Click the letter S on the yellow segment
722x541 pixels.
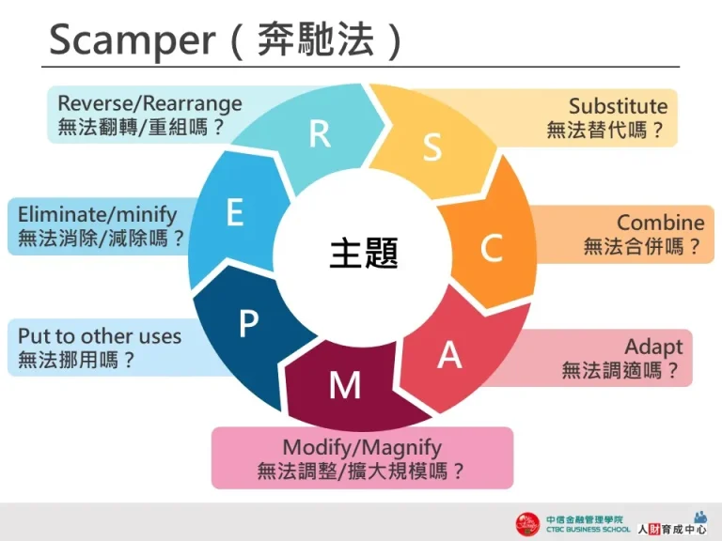coord(432,147)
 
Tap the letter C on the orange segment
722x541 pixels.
coord(491,248)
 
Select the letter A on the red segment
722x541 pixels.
coord(450,355)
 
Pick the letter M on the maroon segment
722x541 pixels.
coord(345,384)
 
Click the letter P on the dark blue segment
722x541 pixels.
coord(248,325)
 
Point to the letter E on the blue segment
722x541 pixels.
coord(235,213)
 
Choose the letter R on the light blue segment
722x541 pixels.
coord(320,134)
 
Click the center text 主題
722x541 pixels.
coord(364,253)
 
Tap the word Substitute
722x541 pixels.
coord(618,106)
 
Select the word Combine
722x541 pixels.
coord(660,223)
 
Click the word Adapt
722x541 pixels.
coord(653,348)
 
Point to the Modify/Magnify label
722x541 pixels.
coord(362,447)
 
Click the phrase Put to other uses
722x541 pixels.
coord(100,335)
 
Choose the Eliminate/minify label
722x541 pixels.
coord(97,214)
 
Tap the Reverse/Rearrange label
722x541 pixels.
coord(149,103)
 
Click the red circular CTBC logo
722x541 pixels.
coord(527,523)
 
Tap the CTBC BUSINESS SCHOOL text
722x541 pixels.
coord(589,530)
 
